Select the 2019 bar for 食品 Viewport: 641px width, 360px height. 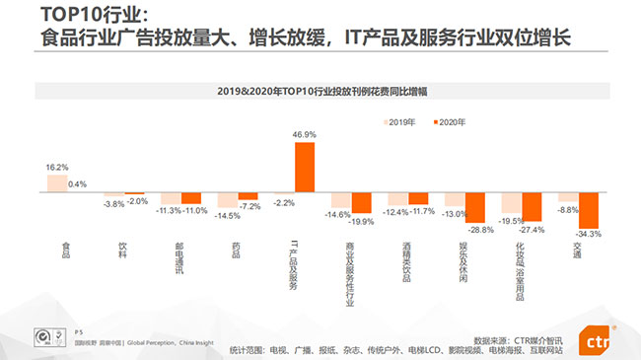coord(57,182)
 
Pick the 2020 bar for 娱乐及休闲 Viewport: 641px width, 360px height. coord(475,207)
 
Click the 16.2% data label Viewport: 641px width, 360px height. coord(57,167)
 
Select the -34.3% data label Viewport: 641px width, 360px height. coord(589,234)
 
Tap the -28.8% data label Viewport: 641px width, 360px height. coord(480,229)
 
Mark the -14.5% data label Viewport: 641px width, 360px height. coord(229,215)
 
